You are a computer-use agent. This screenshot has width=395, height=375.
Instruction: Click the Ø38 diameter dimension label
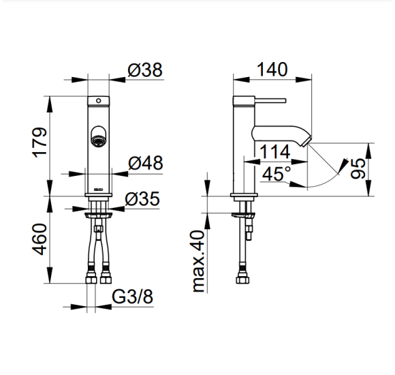pos(145,70)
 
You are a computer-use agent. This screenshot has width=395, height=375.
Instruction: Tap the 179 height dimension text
pos(40,142)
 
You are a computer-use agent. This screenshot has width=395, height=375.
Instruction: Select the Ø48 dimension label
pos(146,163)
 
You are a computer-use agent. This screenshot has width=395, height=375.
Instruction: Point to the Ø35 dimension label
pos(142,198)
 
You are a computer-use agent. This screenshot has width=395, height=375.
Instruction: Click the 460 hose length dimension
pos(39,239)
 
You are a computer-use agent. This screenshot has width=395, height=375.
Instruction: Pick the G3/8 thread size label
pos(132,297)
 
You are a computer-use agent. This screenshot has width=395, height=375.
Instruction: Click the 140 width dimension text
pos(272,70)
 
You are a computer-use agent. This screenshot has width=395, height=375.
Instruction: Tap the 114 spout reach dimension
pos(274,152)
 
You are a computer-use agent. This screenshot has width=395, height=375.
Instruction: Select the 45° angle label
pos(276,173)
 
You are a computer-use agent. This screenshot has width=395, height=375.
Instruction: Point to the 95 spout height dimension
pos(358,168)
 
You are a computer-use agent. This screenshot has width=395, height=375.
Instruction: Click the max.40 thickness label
pos(198,261)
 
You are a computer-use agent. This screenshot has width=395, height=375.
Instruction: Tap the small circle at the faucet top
pos(99,101)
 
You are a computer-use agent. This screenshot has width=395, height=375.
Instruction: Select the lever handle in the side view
pos(270,101)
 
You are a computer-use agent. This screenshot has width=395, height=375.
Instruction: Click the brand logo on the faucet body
pos(98,190)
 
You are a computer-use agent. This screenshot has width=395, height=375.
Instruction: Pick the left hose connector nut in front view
pos(91,279)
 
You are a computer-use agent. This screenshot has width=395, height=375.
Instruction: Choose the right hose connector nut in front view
pos(106,279)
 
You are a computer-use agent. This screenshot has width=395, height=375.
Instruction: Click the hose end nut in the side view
pos(243,280)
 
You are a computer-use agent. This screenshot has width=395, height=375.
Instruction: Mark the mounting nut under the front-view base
pos(99,215)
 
